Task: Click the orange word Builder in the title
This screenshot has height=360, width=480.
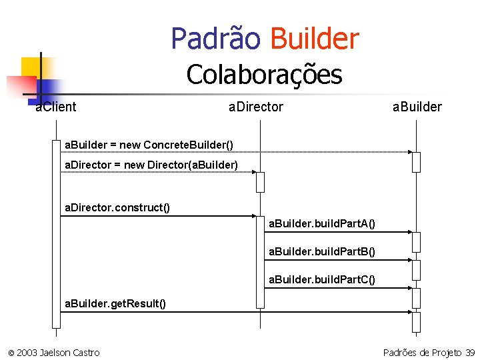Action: tap(314, 39)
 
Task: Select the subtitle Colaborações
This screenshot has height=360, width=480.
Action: tap(264, 74)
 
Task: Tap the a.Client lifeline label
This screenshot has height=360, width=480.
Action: tap(56, 107)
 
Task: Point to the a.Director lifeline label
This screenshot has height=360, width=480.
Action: tap(255, 107)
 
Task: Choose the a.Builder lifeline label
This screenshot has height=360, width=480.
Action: tap(417, 107)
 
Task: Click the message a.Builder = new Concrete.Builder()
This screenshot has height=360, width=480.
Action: tap(148, 145)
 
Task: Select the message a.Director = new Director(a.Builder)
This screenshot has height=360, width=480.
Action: tap(151, 165)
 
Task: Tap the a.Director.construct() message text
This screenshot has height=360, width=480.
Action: tap(117, 208)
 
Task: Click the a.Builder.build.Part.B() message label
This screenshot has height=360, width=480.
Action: tap(321, 251)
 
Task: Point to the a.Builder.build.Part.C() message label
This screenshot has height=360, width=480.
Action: tap(321, 279)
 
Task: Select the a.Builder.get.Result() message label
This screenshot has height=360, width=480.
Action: tap(115, 304)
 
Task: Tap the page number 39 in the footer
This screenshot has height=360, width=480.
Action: tap(470, 352)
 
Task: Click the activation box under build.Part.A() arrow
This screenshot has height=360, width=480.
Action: tap(416, 241)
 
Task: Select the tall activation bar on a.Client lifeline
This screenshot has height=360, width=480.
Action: tap(56, 233)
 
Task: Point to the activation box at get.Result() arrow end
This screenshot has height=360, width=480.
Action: tap(416, 321)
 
